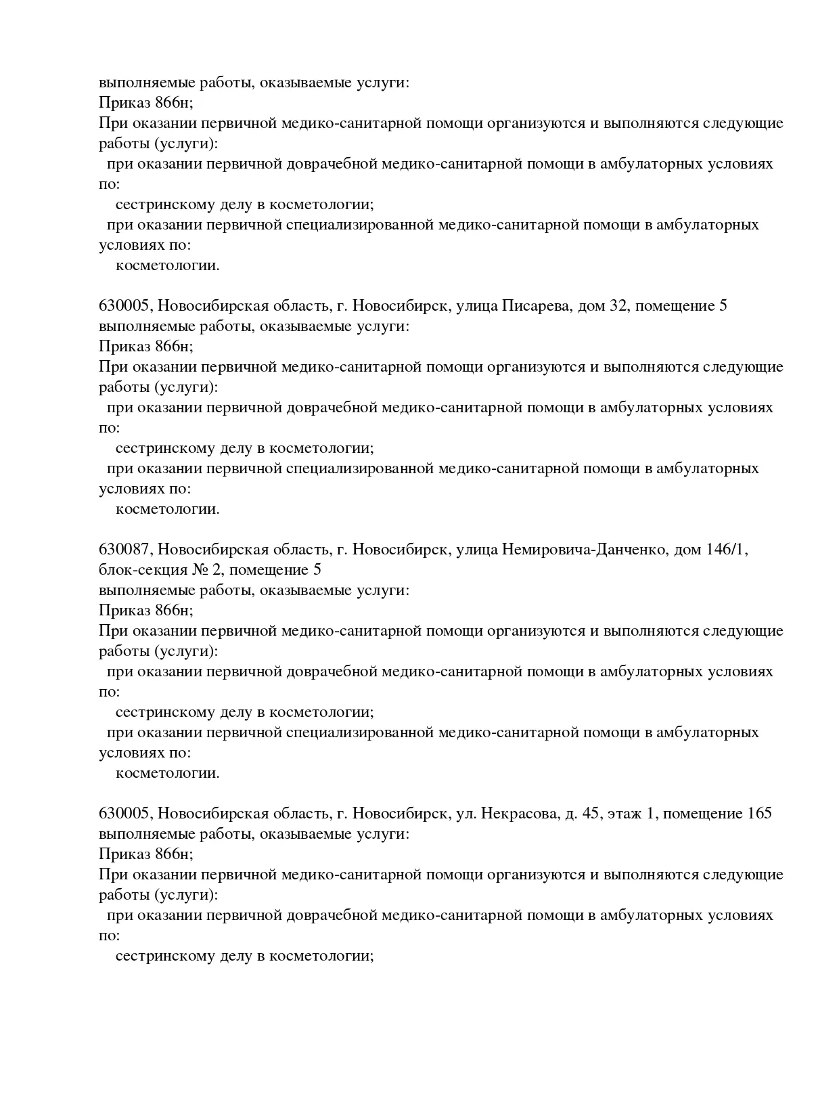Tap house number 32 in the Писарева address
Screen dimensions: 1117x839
pos(619,306)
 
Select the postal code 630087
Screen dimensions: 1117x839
pos(125,550)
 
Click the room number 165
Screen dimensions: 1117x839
pos(760,814)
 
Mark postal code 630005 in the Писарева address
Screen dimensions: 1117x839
pos(125,306)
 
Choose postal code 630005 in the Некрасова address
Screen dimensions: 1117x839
pos(125,814)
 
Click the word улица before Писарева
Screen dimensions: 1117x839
pos(476,306)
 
